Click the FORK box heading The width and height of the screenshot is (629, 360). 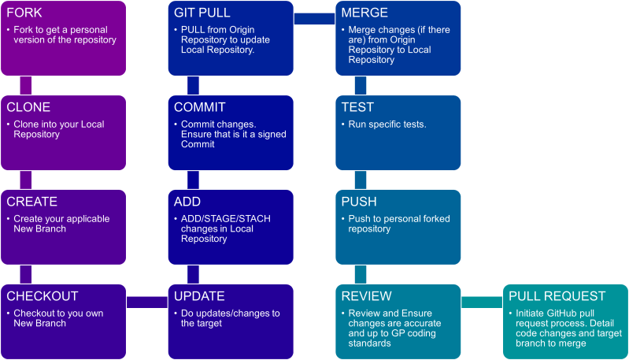click(25, 13)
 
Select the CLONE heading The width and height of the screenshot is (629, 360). click(28, 107)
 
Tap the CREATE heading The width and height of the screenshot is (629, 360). click(32, 202)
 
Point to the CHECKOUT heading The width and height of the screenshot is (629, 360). click(43, 296)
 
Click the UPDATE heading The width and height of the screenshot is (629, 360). click(199, 296)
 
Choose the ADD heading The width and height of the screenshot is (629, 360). click(187, 202)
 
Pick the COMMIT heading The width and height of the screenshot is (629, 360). click(200, 107)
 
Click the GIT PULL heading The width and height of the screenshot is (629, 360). click(202, 13)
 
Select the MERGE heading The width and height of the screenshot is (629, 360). click(364, 13)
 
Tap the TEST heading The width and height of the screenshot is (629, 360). click(357, 107)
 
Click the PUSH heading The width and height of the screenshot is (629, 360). click(359, 202)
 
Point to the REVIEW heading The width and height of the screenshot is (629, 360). click(366, 296)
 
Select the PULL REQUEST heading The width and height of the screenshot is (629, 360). click(557, 296)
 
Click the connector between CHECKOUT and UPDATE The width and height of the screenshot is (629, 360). click(147, 302)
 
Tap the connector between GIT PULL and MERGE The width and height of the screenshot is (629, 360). click(314, 19)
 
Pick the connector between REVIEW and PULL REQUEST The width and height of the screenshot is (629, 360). click(482, 302)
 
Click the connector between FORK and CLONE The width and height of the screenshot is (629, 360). click(25, 86)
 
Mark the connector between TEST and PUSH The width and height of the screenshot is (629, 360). click(360, 180)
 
